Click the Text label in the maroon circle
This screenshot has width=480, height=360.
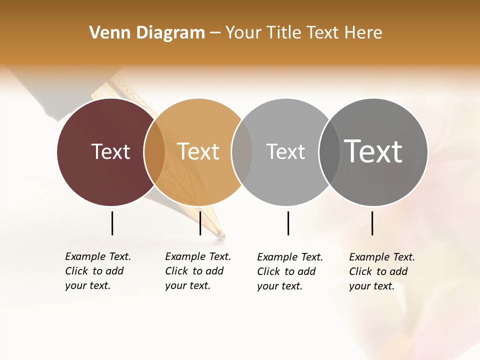click(110, 151)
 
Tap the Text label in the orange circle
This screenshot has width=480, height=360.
click(198, 151)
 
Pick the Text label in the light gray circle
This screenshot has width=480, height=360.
click(285, 151)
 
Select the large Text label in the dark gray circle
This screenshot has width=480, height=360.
click(373, 151)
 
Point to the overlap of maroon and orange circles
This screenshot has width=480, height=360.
click(154, 151)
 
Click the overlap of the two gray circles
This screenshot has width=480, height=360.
click(329, 151)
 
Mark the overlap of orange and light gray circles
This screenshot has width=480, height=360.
click(242, 151)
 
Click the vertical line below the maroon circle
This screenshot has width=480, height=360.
click(112, 223)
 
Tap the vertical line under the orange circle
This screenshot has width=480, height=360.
click(200, 223)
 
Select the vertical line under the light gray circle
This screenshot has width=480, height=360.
click(288, 223)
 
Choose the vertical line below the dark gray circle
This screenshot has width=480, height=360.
click(372, 223)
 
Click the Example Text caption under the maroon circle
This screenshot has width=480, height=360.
click(98, 271)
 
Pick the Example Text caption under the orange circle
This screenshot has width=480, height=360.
click(198, 271)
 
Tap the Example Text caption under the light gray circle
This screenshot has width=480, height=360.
click(290, 271)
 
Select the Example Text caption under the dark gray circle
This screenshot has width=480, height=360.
click(382, 271)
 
